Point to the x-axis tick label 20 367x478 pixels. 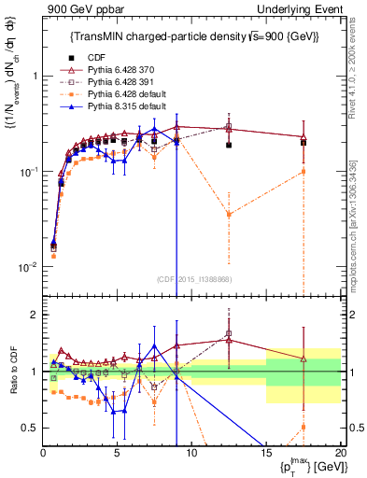click(x=339, y=451)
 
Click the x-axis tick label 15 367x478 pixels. click(x=265, y=451)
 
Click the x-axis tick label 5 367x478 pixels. click(x=117, y=451)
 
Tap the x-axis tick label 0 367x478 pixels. click(x=43, y=451)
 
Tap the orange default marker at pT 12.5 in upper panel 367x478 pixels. click(x=229, y=215)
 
